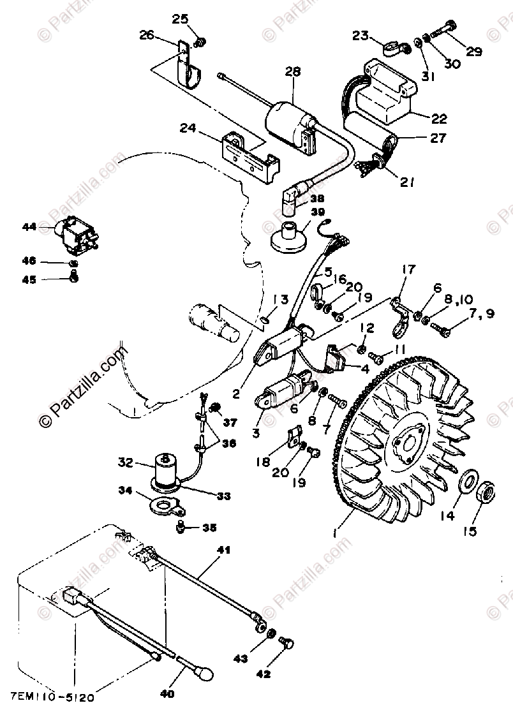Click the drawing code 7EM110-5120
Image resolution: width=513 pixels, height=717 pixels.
click(x=53, y=698)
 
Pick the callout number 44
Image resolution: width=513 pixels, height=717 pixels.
click(x=29, y=226)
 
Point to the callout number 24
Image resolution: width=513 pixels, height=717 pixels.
click(x=187, y=127)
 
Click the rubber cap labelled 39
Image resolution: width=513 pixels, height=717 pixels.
click(x=288, y=239)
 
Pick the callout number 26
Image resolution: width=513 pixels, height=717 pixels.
click(x=146, y=35)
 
